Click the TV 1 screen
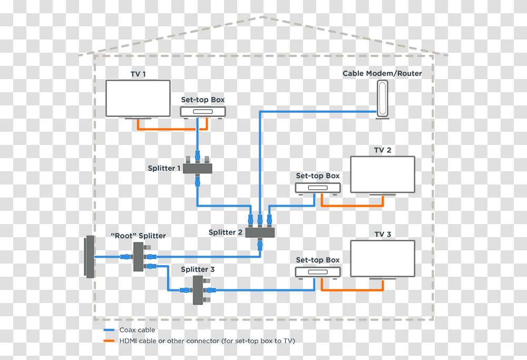[x=138, y=98]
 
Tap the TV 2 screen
[x=383, y=174]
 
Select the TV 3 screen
[x=383, y=258]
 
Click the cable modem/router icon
[x=383, y=99]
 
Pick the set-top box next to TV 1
[x=203, y=112]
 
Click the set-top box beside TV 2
[x=317, y=188]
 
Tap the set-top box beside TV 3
[x=317, y=271]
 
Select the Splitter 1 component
[x=197, y=168]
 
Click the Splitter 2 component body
[x=260, y=231]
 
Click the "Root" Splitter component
[x=138, y=257]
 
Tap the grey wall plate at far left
[x=90, y=257]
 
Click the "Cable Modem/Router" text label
[x=382, y=73]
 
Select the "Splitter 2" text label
[x=226, y=232]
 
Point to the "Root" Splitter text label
[x=138, y=236]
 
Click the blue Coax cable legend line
[x=109, y=330]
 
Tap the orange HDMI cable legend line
[x=109, y=341]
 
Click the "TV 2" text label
[x=383, y=150]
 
